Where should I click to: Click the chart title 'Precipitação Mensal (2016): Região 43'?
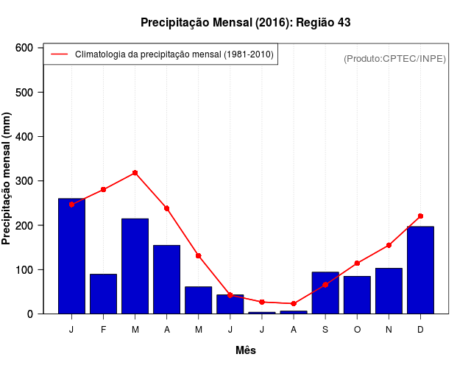coord(245,23)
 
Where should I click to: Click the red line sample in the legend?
coord(59,54)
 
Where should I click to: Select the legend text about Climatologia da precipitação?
coord(174,54)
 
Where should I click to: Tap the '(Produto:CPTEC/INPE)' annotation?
coord(394,58)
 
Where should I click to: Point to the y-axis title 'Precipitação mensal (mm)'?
coord(7,179)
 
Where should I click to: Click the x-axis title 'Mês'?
coord(245,350)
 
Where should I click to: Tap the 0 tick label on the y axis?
coord(30,314)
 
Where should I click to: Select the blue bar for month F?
coord(103,294)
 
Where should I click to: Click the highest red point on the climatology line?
coord(135,173)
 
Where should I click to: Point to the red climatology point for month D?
coord(420,216)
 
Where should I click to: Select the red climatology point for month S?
coord(325,284)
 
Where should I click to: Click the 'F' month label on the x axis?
coord(103,330)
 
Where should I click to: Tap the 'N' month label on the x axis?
coord(389,330)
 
